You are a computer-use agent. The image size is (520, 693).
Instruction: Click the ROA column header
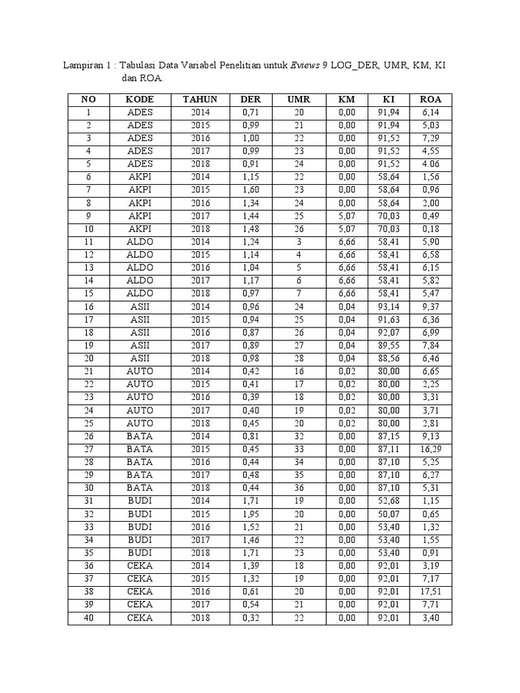click(x=431, y=99)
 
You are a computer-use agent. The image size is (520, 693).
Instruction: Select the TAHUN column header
click(x=200, y=99)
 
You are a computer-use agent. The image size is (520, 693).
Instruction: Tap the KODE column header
click(x=140, y=99)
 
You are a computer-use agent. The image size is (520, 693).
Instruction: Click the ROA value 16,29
click(x=431, y=449)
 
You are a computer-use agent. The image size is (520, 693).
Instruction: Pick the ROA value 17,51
click(x=431, y=591)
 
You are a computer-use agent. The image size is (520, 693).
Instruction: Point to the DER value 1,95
click(x=251, y=514)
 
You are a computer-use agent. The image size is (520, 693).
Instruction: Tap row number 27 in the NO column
click(x=89, y=449)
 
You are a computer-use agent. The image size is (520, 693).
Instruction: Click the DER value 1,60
click(x=251, y=189)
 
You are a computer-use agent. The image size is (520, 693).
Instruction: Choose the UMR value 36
click(x=299, y=488)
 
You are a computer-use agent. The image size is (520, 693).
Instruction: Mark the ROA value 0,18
click(x=431, y=229)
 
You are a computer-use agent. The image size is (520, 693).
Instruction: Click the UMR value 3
click(x=299, y=242)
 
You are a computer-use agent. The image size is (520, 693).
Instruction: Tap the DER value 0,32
click(x=251, y=617)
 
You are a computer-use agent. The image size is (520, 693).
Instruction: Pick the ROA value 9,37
click(x=431, y=307)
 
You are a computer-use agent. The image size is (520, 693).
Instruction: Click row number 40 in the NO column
click(x=89, y=617)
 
